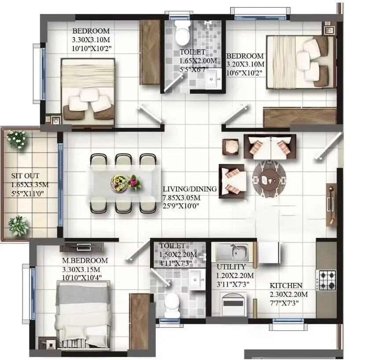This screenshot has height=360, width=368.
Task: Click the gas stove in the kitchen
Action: pos(326,280)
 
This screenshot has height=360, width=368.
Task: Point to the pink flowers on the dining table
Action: pos(134,182)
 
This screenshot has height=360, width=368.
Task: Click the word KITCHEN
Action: pos(286,285)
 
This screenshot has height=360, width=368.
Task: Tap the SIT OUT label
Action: pos(25,176)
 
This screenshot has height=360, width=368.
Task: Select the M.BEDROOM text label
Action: pos(85,260)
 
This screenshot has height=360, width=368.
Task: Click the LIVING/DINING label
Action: pos(190,189)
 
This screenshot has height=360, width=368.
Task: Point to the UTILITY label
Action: pos(231,267)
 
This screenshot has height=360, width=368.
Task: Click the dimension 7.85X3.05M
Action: pos(181,198)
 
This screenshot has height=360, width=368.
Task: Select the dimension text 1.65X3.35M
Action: pos(30,184)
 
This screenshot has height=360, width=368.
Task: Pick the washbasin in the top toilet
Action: pos(213,79)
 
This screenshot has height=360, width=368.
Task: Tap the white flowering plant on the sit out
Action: pos(17,140)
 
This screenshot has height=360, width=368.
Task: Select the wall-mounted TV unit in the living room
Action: pos(331,205)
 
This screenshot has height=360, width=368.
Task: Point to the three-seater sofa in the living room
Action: pos(270,147)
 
